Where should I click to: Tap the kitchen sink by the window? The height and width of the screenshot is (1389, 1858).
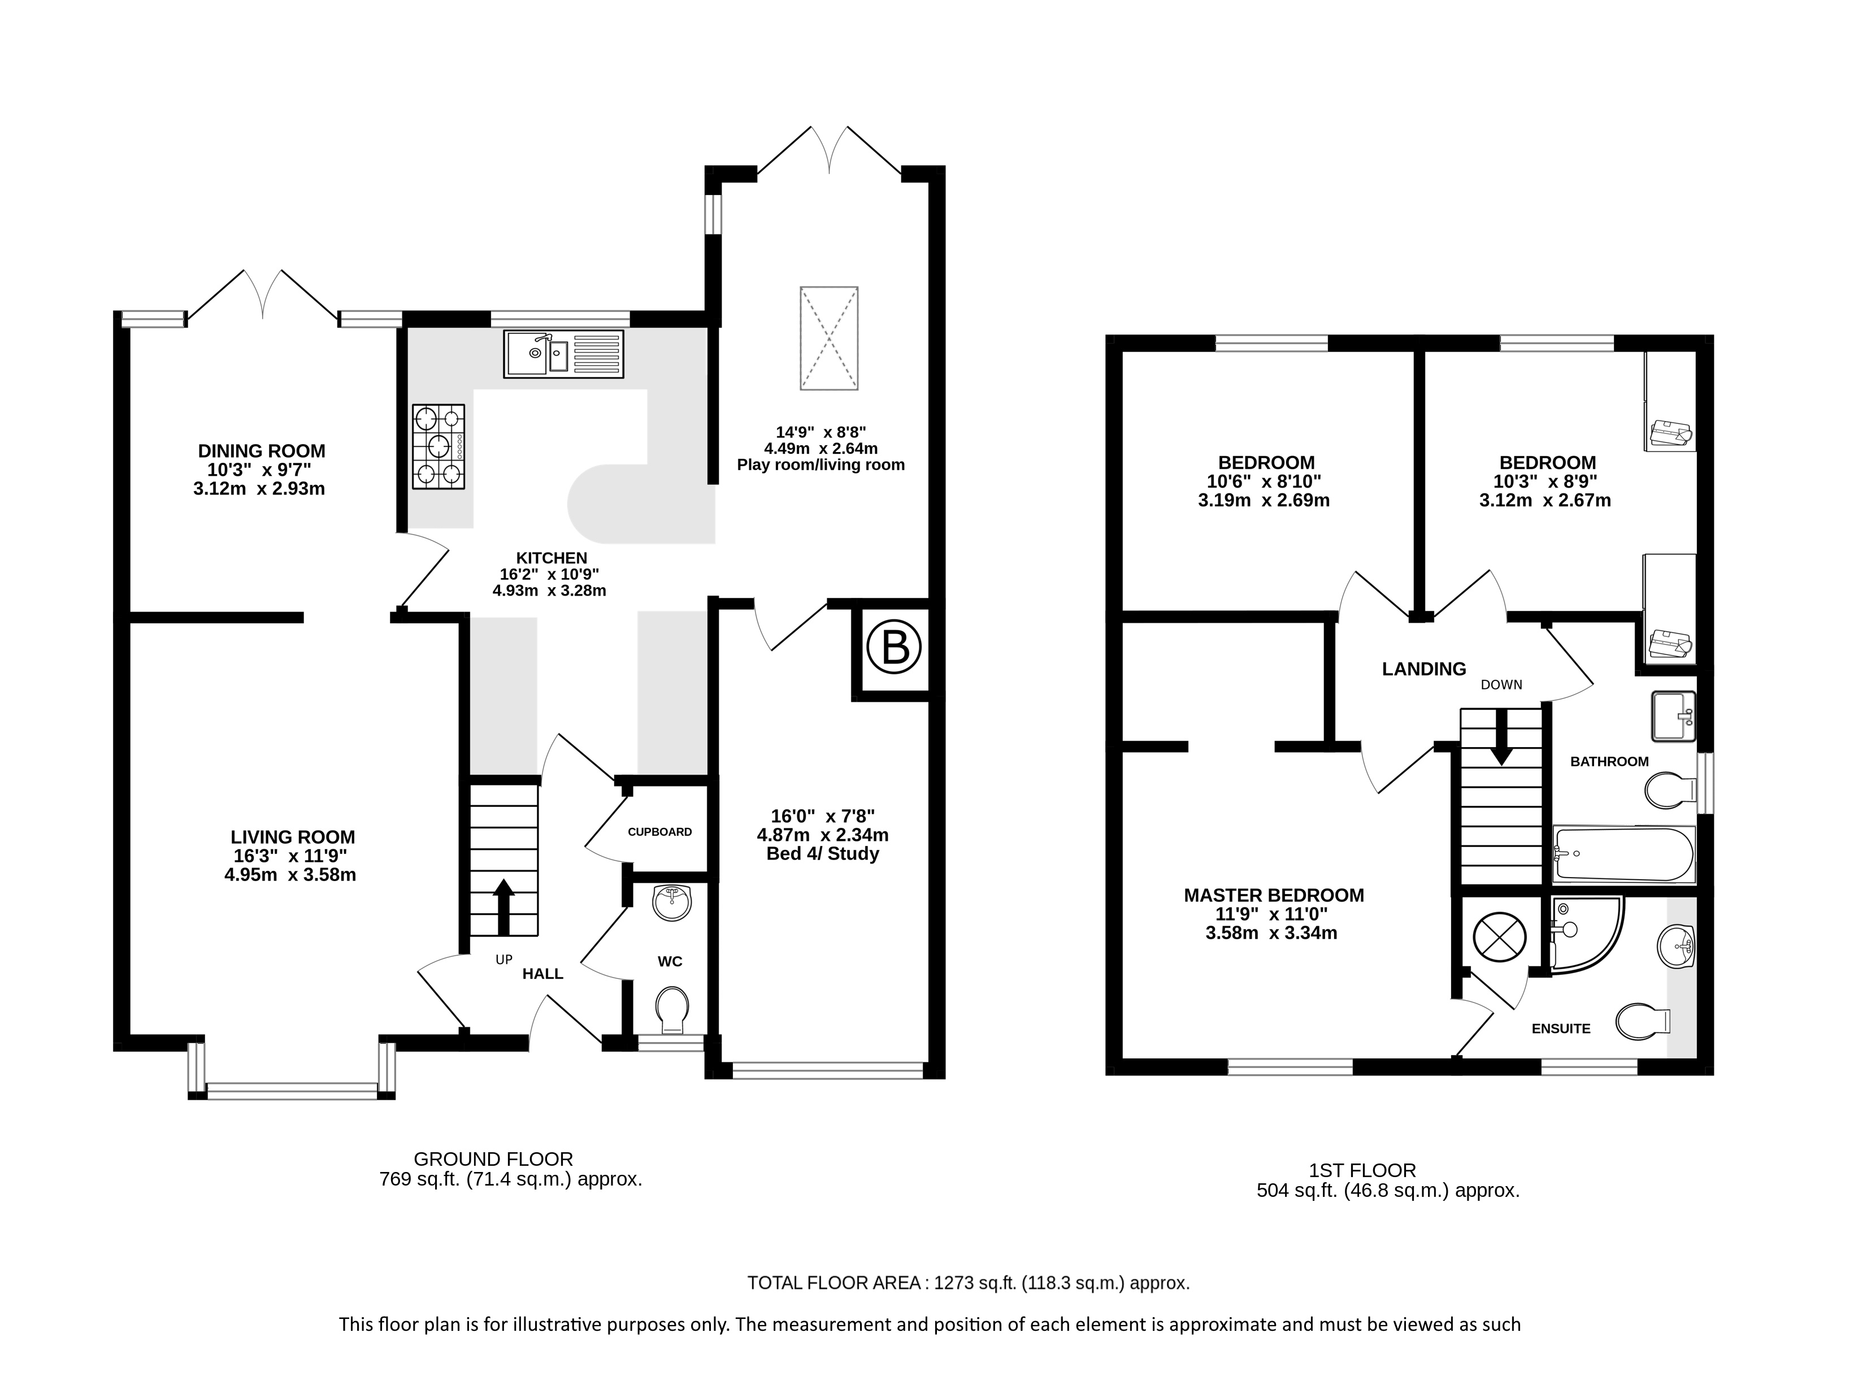click(x=563, y=354)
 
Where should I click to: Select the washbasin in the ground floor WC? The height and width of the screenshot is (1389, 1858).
click(x=672, y=904)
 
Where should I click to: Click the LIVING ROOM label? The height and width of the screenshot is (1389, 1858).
click(x=292, y=837)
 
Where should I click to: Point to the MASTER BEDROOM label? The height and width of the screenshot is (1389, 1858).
click(x=1273, y=895)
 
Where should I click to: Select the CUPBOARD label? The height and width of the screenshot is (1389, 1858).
click(x=659, y=832)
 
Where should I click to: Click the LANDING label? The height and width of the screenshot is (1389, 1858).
click(x=1424, y=669)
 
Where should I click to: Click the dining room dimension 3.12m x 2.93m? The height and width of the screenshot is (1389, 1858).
click(x=259, y=489)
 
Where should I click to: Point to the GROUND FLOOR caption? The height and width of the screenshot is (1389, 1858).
click(x=493, y=1159)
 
